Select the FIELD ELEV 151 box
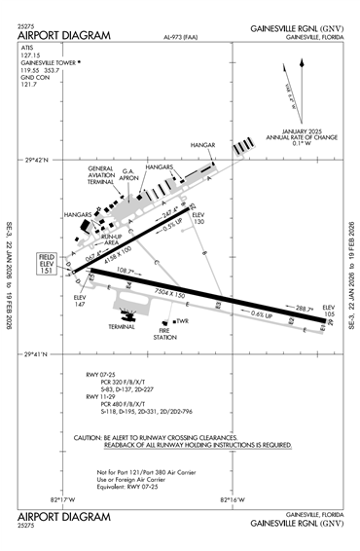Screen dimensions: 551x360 pyautogui.click(x=50, y=264)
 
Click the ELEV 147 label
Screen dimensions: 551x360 pyautogui.click(x=80, y=301)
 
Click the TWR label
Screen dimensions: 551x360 pyautogui.click(x=182, y=321)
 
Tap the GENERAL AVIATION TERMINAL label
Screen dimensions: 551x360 pyautogui.click(x=101, y=175)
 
